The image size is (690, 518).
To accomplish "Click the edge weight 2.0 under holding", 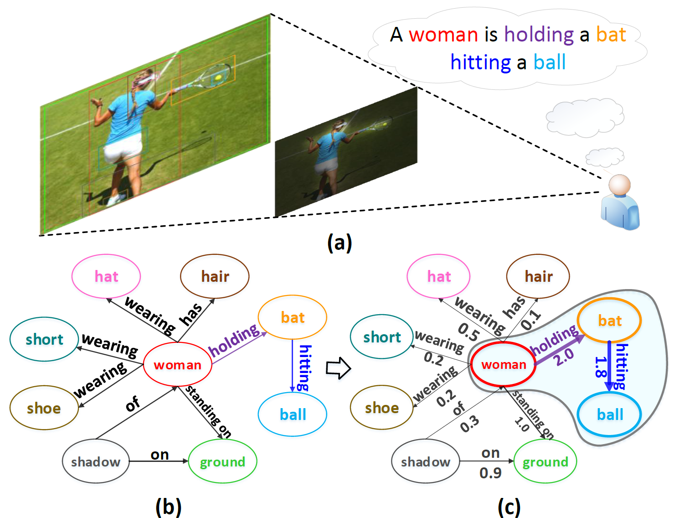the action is (x=565, y=357).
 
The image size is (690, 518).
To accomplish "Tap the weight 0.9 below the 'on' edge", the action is (x=490, y=473).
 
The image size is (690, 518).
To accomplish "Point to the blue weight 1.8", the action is (x=600, y=367).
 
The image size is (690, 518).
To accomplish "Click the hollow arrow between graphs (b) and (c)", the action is (x=338, y=368).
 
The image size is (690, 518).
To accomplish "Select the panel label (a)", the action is (x=340, y=243).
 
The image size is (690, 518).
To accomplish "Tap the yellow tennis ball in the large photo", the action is (x=218, y=78).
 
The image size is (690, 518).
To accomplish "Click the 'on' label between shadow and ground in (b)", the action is (x=160, y=455).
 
